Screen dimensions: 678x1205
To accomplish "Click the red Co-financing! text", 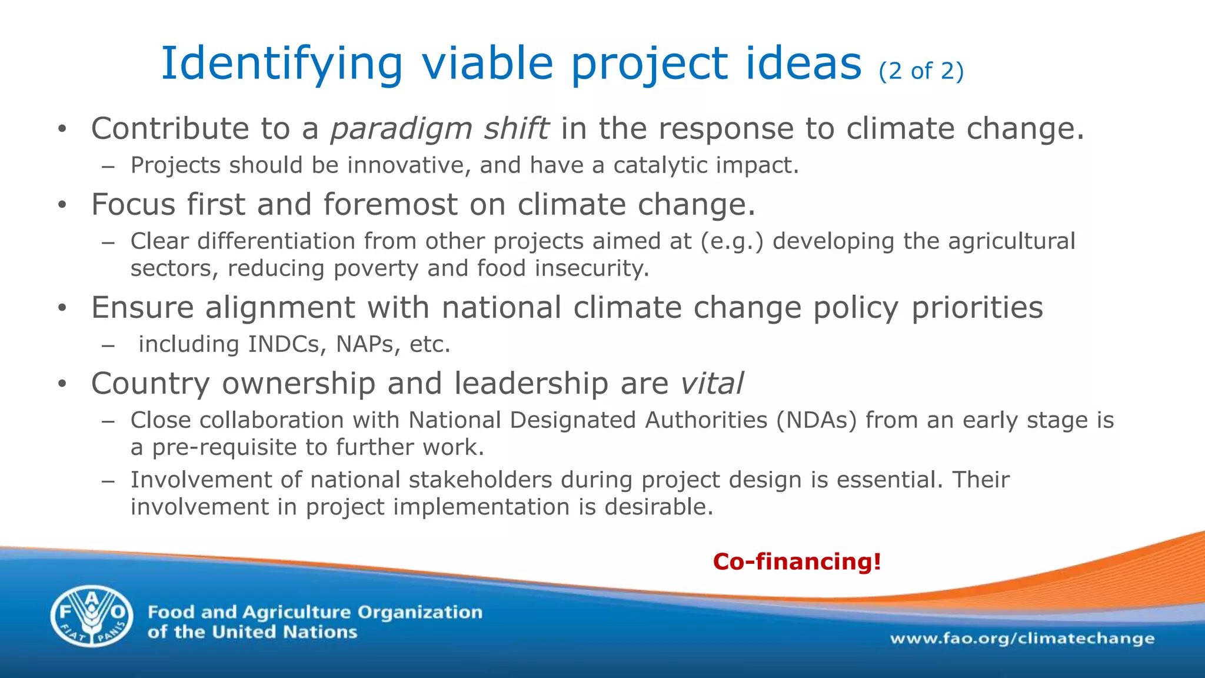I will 797,561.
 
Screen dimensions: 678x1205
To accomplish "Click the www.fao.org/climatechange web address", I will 1022,639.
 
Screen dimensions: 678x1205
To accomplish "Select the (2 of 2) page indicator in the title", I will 921,71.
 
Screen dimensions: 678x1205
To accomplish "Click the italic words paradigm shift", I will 440,129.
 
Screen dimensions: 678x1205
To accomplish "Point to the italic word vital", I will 712,384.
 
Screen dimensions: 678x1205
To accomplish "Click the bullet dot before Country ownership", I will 62,384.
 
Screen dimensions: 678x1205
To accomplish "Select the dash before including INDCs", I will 107,345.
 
